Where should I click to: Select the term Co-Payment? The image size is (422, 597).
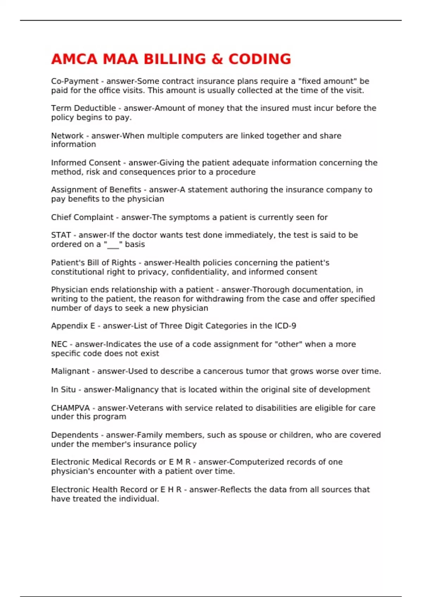coord(75,81)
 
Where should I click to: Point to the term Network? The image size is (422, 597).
coord(67,136)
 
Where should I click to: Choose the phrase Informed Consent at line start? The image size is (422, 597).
coord(86,163)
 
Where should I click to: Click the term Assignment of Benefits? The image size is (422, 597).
coord(96,190)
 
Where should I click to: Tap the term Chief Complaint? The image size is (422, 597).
coord(82,217)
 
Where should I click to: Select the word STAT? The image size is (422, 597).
coord(61,235)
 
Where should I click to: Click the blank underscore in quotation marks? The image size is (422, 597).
coord(113,245)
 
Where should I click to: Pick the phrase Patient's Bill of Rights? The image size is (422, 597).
coord(94,263)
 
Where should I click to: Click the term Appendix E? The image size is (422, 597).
coord(73,326)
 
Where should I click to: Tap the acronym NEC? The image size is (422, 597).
coord(59,344)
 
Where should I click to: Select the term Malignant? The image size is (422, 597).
coord(70,371)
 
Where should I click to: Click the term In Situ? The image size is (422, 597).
coord(63,389)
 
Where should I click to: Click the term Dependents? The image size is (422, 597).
coord(75,435)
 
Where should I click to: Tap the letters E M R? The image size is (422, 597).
coord(179,462)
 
